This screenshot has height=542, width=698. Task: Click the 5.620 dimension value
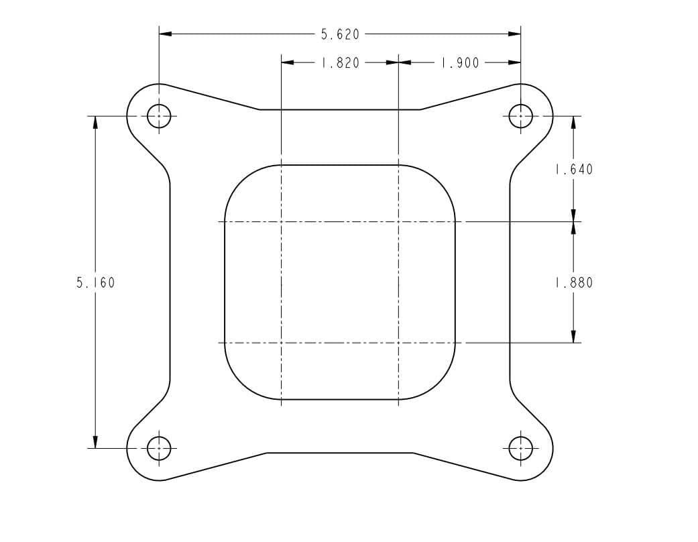point(340,34)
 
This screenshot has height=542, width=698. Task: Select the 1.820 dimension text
point(340,63)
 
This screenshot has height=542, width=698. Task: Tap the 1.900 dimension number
point(460,63)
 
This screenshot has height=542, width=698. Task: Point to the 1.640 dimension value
point(573,170)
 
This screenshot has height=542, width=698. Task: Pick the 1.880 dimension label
point(573,283)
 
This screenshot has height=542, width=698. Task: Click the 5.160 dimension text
point(95,283)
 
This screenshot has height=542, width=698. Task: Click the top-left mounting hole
point(159,116)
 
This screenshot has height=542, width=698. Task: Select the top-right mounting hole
point(520,116)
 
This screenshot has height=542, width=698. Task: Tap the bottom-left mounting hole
point(159,447)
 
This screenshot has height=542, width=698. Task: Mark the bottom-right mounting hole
point(520,447)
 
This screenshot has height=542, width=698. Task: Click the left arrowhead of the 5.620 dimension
point(165,34)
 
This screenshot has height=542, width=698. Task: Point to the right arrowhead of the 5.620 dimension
point(515,34)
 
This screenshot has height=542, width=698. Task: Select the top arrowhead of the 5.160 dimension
point(95,122)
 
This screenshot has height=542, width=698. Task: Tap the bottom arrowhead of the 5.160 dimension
point(95,441)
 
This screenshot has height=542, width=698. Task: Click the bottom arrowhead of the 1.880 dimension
point(573,337)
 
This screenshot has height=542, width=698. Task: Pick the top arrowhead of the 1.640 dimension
point(573,122)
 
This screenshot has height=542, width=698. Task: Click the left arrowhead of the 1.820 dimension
point(288,63)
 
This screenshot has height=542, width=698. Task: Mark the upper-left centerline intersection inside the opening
point(281,221)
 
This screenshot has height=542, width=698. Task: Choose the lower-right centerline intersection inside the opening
point(398,343)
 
